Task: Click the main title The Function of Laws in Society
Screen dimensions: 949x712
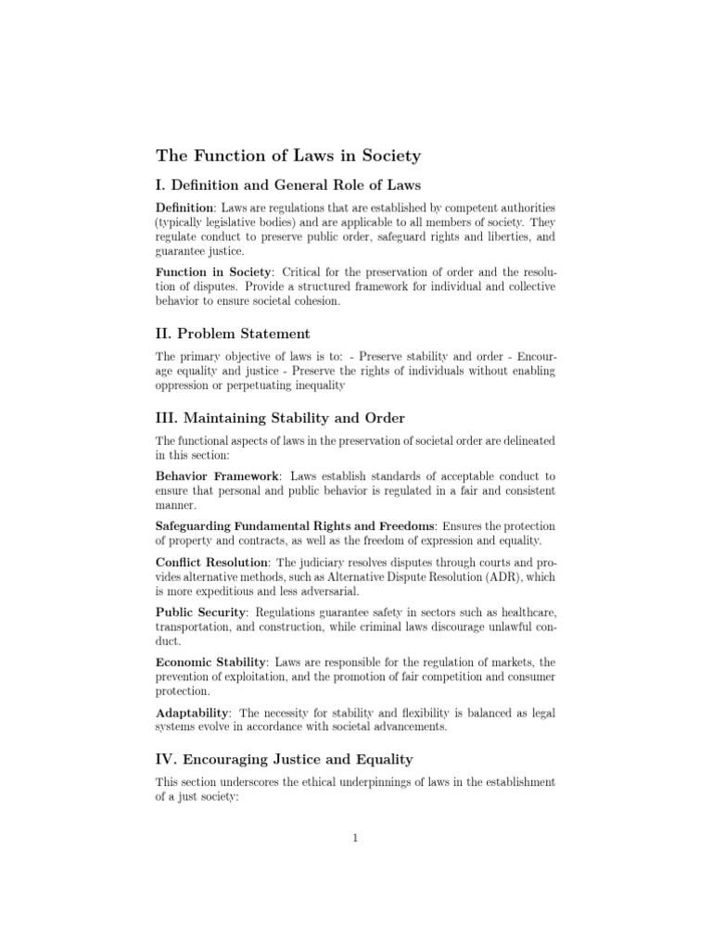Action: [287, 156]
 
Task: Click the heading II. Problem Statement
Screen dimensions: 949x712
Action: [232, 333]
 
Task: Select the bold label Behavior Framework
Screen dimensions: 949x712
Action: [217, 476]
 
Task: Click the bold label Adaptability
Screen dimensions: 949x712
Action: [193, 713]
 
